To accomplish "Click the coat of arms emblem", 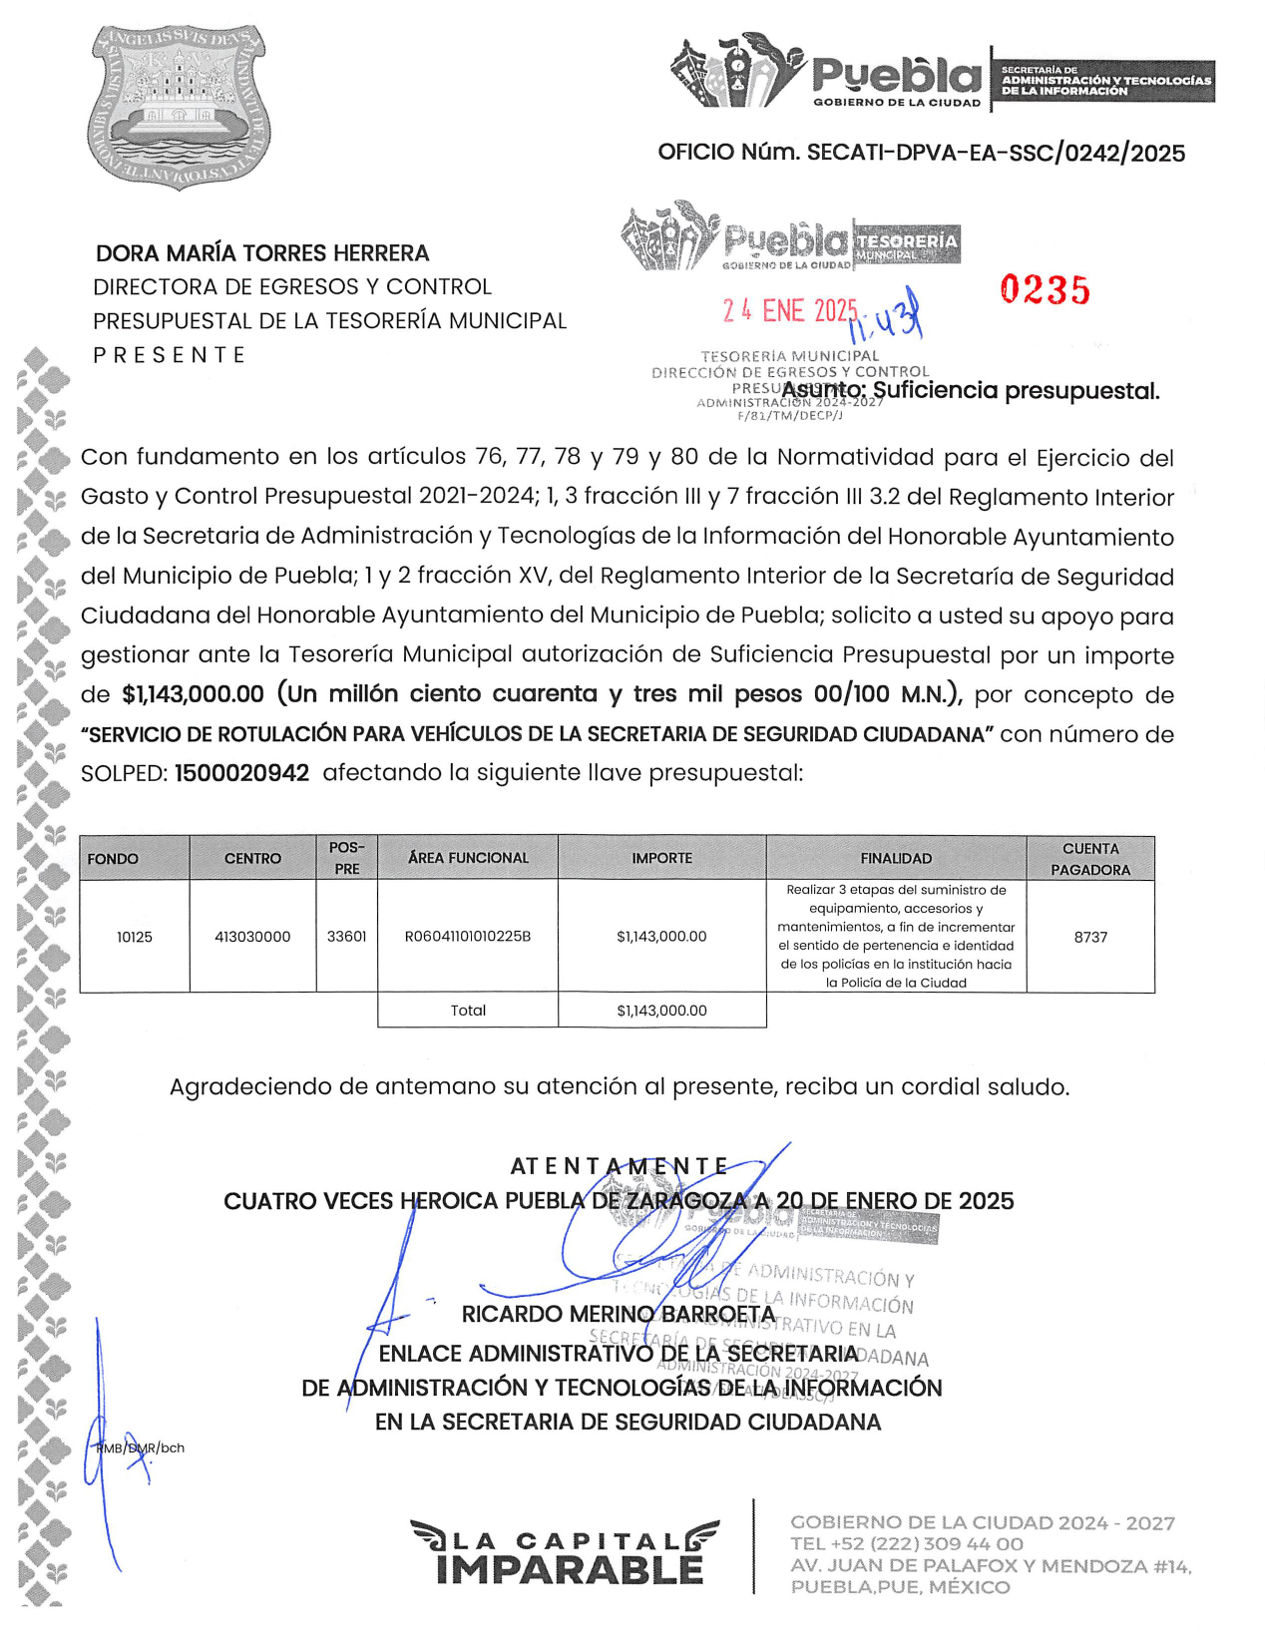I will pyautogui.click(x=180, y=108).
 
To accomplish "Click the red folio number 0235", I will pyautogui.click(x=1045, y=290).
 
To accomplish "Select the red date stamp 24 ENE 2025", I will pyautogui.click(x=790, y=311).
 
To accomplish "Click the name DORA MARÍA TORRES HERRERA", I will pyautogui.click(x=262, y=253).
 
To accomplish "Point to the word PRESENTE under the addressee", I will pyautogui.click(x=170, y=355).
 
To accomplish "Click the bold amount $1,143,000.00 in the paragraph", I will pyautogui.click(x=194, y=694).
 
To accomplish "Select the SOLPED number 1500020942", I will pyautogui.click(x=241, y=773).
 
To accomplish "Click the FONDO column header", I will pyautogui.click(x=113, y=859).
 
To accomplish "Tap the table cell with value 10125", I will pyautogui.click(x=135, y=937).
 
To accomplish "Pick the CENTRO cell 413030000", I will pyautogui.click(x=252, y=937).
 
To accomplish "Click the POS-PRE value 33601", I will pyautogui.click(x=347, y=937).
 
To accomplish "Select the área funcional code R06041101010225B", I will pyautogui.click(x=468, y=937).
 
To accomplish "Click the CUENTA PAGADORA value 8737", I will pyautogui.click(x=1090, y=937).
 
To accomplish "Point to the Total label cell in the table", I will pyautogui.click(x=468, y=1011).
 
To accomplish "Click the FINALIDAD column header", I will pyautogui.click(x=896, y=859).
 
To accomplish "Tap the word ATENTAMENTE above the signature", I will pyautogui.click(x=620, y=1166).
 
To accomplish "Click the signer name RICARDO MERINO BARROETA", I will pyautogui.click(x=619, y=1315).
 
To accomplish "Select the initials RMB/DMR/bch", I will pyautogui.click(x=141, y=1447).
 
